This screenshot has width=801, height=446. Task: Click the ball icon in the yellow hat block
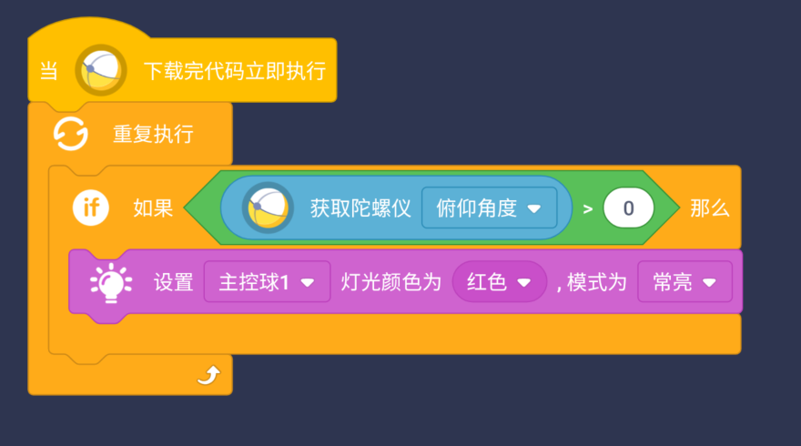100,70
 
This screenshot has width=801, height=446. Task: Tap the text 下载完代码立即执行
235,71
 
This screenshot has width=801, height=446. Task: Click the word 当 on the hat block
49,71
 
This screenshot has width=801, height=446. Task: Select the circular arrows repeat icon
71,135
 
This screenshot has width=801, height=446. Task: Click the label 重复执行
153,135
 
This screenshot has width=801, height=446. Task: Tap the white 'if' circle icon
91,208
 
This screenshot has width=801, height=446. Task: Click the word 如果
153,208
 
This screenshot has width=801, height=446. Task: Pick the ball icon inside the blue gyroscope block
267,208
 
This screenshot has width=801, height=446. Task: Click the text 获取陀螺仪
360,208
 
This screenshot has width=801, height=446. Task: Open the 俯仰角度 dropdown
489,208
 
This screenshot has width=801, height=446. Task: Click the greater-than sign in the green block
588,208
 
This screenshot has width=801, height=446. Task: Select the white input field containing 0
628,208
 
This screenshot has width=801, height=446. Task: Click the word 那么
710,208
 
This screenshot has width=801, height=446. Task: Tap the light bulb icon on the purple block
111,283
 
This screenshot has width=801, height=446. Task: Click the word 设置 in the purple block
173,283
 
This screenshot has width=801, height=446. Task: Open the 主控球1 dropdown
267,283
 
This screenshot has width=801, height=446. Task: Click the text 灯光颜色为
391,283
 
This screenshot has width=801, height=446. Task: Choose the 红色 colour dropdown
499,283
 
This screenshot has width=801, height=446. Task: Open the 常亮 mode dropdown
684,283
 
